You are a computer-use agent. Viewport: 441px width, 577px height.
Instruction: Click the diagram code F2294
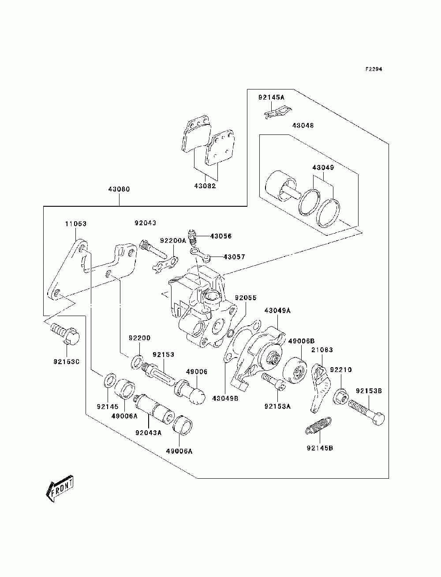point(374,69)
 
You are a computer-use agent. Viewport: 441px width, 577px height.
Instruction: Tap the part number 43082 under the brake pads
point(205,186)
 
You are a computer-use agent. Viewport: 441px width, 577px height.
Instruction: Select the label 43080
point(119,189)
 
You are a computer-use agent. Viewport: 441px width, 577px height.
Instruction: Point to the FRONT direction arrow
point(59,488)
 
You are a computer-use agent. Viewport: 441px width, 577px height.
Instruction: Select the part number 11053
point(76,223)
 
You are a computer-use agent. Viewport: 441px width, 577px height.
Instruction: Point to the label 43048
point(303,125)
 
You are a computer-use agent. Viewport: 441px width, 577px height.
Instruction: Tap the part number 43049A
point(277,310)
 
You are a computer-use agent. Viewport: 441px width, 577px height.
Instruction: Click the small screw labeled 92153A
point(273,381)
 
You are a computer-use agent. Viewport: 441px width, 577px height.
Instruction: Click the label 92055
point(246,298)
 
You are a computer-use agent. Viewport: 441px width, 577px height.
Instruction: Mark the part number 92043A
point(149,432)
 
